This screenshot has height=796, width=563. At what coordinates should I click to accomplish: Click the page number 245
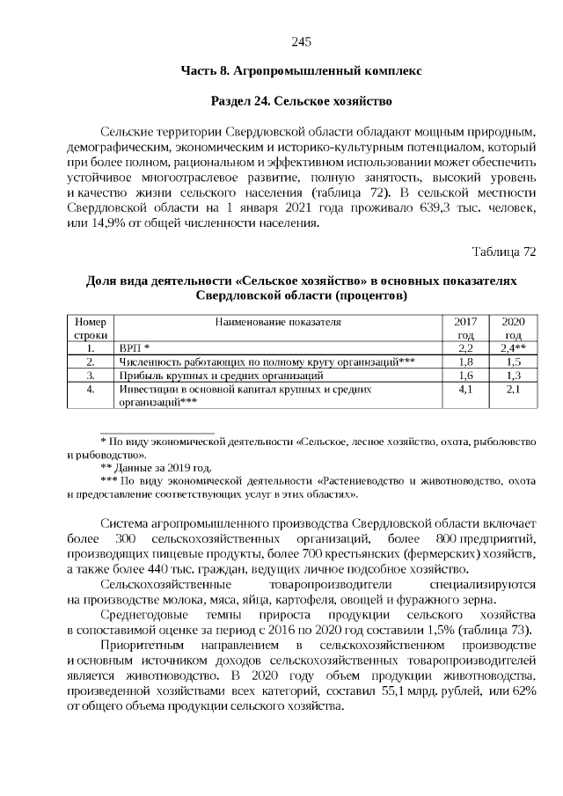tap(301, 42)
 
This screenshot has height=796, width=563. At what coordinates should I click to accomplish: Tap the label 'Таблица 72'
tap(504, 252)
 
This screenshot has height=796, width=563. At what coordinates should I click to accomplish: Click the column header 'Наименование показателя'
tap(277, 322)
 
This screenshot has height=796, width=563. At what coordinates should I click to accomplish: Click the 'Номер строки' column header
tap(91, 328)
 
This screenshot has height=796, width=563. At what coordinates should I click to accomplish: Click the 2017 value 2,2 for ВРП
tap(466, 348)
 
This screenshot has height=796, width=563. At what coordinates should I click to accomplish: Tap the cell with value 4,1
tap(466, 388)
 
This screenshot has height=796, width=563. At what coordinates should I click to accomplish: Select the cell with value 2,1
tap(513, 388)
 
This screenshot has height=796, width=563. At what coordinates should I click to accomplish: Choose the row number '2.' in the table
tap(91, 361)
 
